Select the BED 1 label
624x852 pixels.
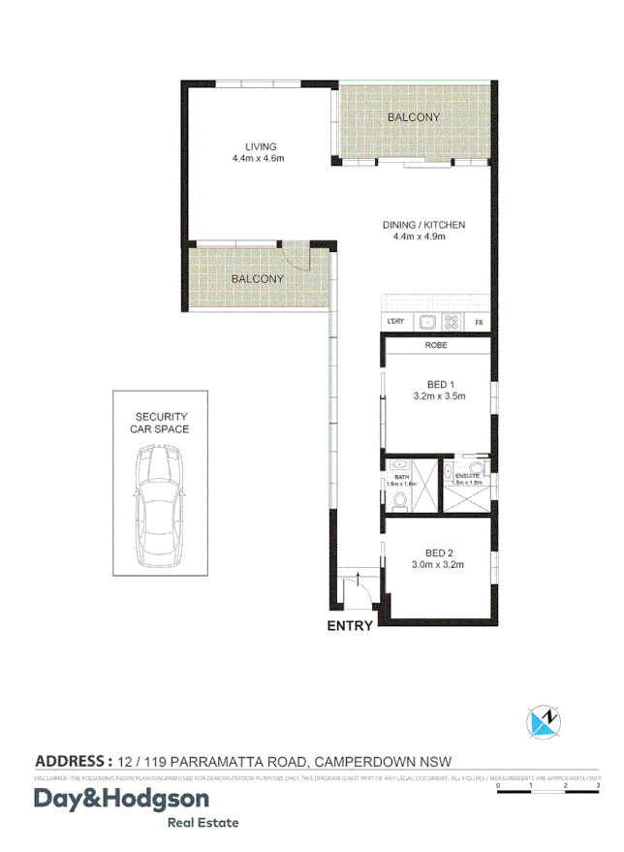[x=441, y=383]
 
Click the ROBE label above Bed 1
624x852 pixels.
[x=436, y=345]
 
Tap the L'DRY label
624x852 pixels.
[x=395, y=322]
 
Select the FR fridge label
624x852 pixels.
[x=478, y=323]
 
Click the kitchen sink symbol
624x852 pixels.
[x=427, y=322]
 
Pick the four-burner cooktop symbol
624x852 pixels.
[x=451, y=322]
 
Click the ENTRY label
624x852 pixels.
[x=350, y=626]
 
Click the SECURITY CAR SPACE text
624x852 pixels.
[x=162, y=422]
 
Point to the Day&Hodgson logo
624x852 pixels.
[x=122, y=800]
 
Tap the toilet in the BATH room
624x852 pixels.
[x=400, y=501]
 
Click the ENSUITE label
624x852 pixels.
[x=468, y=476]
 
